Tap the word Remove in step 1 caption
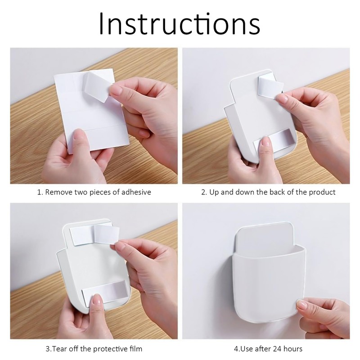coord(59,192)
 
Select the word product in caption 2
coord(322,192)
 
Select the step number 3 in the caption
coord(48,349)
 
